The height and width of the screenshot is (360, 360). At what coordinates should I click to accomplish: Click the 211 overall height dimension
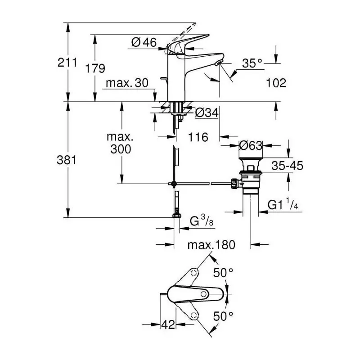pyautogui.click(x=67, y=63)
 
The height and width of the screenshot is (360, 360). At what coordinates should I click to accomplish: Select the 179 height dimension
pyautogui.click(x=95, y=68)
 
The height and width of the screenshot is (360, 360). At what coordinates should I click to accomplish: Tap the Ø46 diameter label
pyautogui.click(x=144, y=42)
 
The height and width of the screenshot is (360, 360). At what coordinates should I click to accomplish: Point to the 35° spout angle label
pyautogui.click(x=252, y=63)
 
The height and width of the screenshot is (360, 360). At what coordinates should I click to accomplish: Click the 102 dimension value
pyautogui.click(x=276, y=83)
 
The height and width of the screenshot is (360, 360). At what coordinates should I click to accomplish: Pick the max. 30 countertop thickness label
pyautogui.click(x=127, y=83)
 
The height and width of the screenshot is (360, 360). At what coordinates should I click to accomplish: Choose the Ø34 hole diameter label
pyautogui.click(x=207, y=112)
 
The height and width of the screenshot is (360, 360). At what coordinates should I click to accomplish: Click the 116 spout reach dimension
pyautogui.click(x=198, y=137)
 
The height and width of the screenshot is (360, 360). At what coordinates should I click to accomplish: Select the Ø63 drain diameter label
pyautogui.click(x=251, y=145)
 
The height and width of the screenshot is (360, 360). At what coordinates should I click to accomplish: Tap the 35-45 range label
pyautogui.click(x=287, y=166)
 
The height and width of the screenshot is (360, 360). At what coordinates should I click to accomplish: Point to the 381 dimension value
pyautogui.click(x=67, y=160)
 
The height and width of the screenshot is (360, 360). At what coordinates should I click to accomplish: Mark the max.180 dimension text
pyautogui.click(x=211, y=245)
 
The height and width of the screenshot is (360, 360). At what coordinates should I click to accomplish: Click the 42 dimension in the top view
pyautogui.click(x=168, y=324)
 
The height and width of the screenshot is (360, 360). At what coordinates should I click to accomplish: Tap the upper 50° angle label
pyautogui.click(x=223, y=273)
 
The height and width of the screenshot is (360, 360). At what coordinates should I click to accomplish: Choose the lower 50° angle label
pyautogui.click(x=223, y=316)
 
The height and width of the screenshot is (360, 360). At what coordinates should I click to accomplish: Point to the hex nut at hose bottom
pyautogui.click(x=176, y=216)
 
